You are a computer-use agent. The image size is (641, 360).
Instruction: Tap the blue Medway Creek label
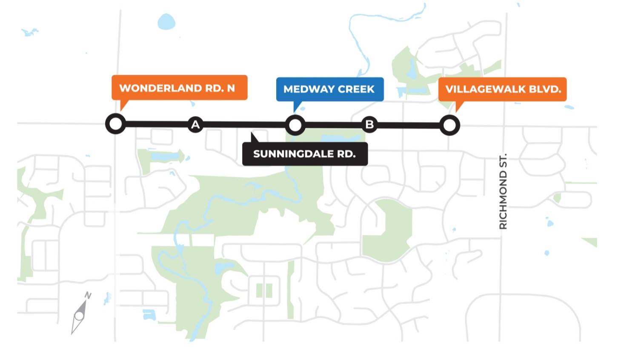(329, 89)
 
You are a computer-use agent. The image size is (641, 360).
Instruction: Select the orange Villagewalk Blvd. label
(502, 89)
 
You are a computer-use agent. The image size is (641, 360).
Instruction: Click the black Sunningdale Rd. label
(305, 154)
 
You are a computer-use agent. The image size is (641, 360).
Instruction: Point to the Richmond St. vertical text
(503, 191)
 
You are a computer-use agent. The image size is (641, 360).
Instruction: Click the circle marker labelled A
(195, 125)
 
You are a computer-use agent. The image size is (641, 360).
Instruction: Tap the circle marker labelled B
(369, 125)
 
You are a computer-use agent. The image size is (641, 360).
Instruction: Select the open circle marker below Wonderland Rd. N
(115, 124)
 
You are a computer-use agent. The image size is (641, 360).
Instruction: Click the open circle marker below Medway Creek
(295, 125)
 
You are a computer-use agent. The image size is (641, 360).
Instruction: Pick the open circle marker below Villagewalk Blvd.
(449, 126)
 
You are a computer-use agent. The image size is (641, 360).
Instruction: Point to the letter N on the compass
(88, 295)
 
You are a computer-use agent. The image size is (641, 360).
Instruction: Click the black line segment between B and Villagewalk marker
(409, 126)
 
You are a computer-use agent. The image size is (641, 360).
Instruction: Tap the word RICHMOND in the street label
(503, 200)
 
